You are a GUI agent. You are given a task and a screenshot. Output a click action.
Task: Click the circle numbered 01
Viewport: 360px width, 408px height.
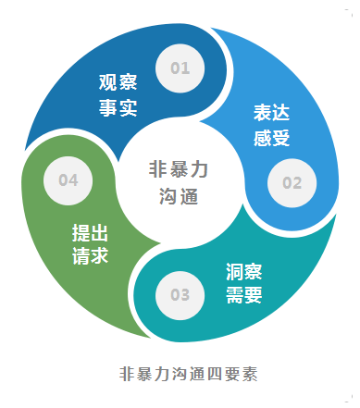click(180, 68)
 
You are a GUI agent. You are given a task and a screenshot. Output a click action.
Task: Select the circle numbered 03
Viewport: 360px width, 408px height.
click(180, 295)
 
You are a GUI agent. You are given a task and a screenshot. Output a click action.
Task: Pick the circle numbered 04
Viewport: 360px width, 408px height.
click(68, 180)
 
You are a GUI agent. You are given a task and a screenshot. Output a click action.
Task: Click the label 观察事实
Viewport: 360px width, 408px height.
click(118, 94)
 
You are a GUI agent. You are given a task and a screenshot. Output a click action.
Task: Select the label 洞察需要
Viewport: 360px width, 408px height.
click(244, 284)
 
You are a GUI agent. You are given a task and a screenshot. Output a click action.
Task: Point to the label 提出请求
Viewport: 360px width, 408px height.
click(91, 243)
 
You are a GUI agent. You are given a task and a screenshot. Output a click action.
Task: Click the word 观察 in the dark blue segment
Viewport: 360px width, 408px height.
click(118, 81)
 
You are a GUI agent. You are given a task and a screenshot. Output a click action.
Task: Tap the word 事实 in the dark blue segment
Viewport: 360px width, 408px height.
click(118, 107)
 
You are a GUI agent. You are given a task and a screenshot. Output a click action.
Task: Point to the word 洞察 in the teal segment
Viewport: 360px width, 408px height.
click(244, 271)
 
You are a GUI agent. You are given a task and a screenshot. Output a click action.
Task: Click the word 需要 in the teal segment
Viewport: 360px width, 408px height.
click(244, 297)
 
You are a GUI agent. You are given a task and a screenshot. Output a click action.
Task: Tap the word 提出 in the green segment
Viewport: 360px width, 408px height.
click(91, 230)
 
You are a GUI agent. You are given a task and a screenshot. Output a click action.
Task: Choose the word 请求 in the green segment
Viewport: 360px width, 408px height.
click(91, 256)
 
